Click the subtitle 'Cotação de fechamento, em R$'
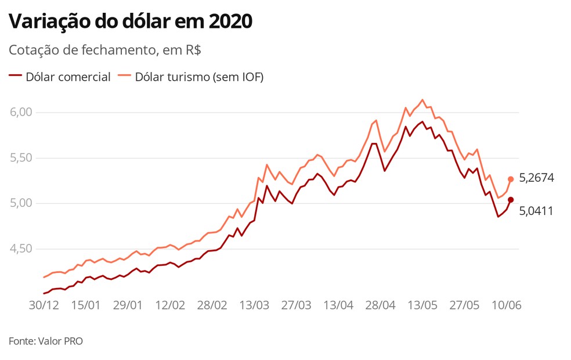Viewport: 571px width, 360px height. pos(105,50)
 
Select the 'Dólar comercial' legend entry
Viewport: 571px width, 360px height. pos(60,77)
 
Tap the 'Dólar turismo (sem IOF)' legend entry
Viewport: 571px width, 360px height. pos(191,77)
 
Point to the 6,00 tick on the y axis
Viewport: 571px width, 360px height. pos(22,112)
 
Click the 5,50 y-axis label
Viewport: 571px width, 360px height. pos(22,158)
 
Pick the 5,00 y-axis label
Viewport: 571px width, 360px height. pos(22,203)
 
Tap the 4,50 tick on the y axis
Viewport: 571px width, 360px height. pos(22,249)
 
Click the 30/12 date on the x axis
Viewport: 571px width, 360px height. pos(44,305)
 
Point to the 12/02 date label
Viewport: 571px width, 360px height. pos(171,305)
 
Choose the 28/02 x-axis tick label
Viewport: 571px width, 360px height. pos(212,305)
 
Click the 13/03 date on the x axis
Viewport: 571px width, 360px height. pos(255,305)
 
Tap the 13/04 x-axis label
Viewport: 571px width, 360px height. pos(339,305)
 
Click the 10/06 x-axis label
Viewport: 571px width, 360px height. pos(507,305)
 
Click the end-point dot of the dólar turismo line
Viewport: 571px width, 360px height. pos(511,179)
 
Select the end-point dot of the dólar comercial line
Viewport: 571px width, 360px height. pos(511,200)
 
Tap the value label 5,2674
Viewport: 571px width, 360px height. pos(536,178)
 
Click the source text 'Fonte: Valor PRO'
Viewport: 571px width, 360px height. pos(46,341)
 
